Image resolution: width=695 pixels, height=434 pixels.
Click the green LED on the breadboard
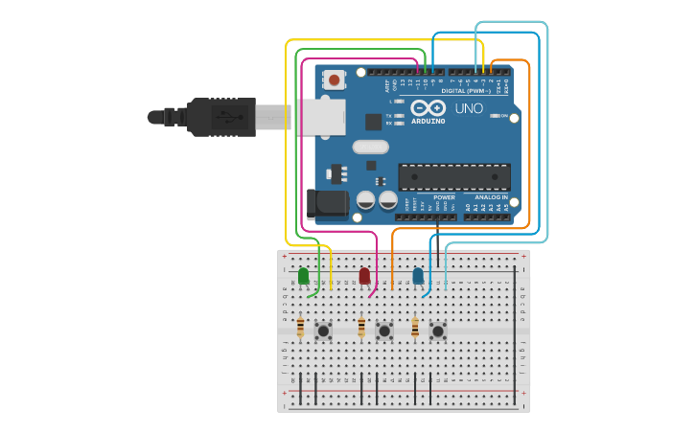click(304, 276)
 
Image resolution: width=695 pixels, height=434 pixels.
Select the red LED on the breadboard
click(364, 276)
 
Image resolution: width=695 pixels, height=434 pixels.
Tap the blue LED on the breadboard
click(418, 276)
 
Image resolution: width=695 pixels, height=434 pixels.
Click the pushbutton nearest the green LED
click(324, 331)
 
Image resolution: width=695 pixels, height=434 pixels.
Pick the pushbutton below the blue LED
click(438, 331)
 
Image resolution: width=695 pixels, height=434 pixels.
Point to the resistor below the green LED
click(301, 329)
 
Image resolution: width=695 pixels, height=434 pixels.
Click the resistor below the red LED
click(361, 329)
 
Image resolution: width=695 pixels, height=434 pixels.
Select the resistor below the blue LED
click(415, 329)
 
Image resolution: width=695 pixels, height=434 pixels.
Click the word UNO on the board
click(469, 108)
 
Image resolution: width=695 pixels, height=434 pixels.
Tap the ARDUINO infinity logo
click(429, 108)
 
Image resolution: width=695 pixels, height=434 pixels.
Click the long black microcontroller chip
click(454, 177)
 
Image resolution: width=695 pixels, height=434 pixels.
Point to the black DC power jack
click(325, 203)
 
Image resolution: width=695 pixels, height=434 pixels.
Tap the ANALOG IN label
click(492, 196)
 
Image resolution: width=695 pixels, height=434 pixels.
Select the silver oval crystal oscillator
click(370, 147)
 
